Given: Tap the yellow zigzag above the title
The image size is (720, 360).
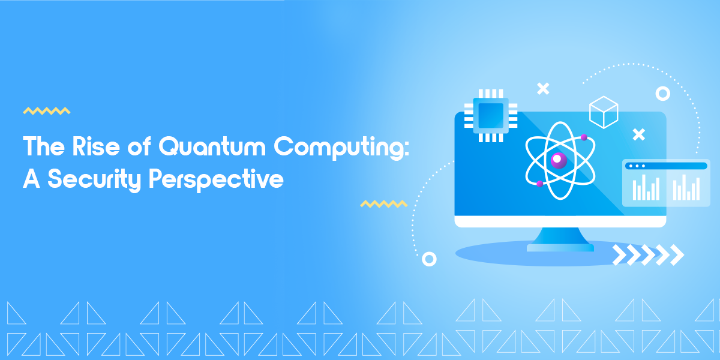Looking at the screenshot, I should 47,111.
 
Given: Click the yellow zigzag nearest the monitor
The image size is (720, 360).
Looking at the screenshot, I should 384,204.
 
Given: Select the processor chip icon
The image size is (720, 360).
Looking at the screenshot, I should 491,115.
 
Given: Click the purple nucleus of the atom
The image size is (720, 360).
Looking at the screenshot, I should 559,160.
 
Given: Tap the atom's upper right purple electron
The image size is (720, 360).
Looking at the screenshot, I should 583,137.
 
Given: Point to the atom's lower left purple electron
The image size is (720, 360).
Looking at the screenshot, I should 539,183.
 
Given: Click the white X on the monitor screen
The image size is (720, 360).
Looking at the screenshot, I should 639,134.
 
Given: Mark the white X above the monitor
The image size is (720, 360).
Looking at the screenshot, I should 543,89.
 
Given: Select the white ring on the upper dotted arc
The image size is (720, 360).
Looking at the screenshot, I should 662,94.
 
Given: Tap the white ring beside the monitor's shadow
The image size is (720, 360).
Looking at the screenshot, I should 429,259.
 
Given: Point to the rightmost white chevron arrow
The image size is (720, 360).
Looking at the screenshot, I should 677,255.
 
